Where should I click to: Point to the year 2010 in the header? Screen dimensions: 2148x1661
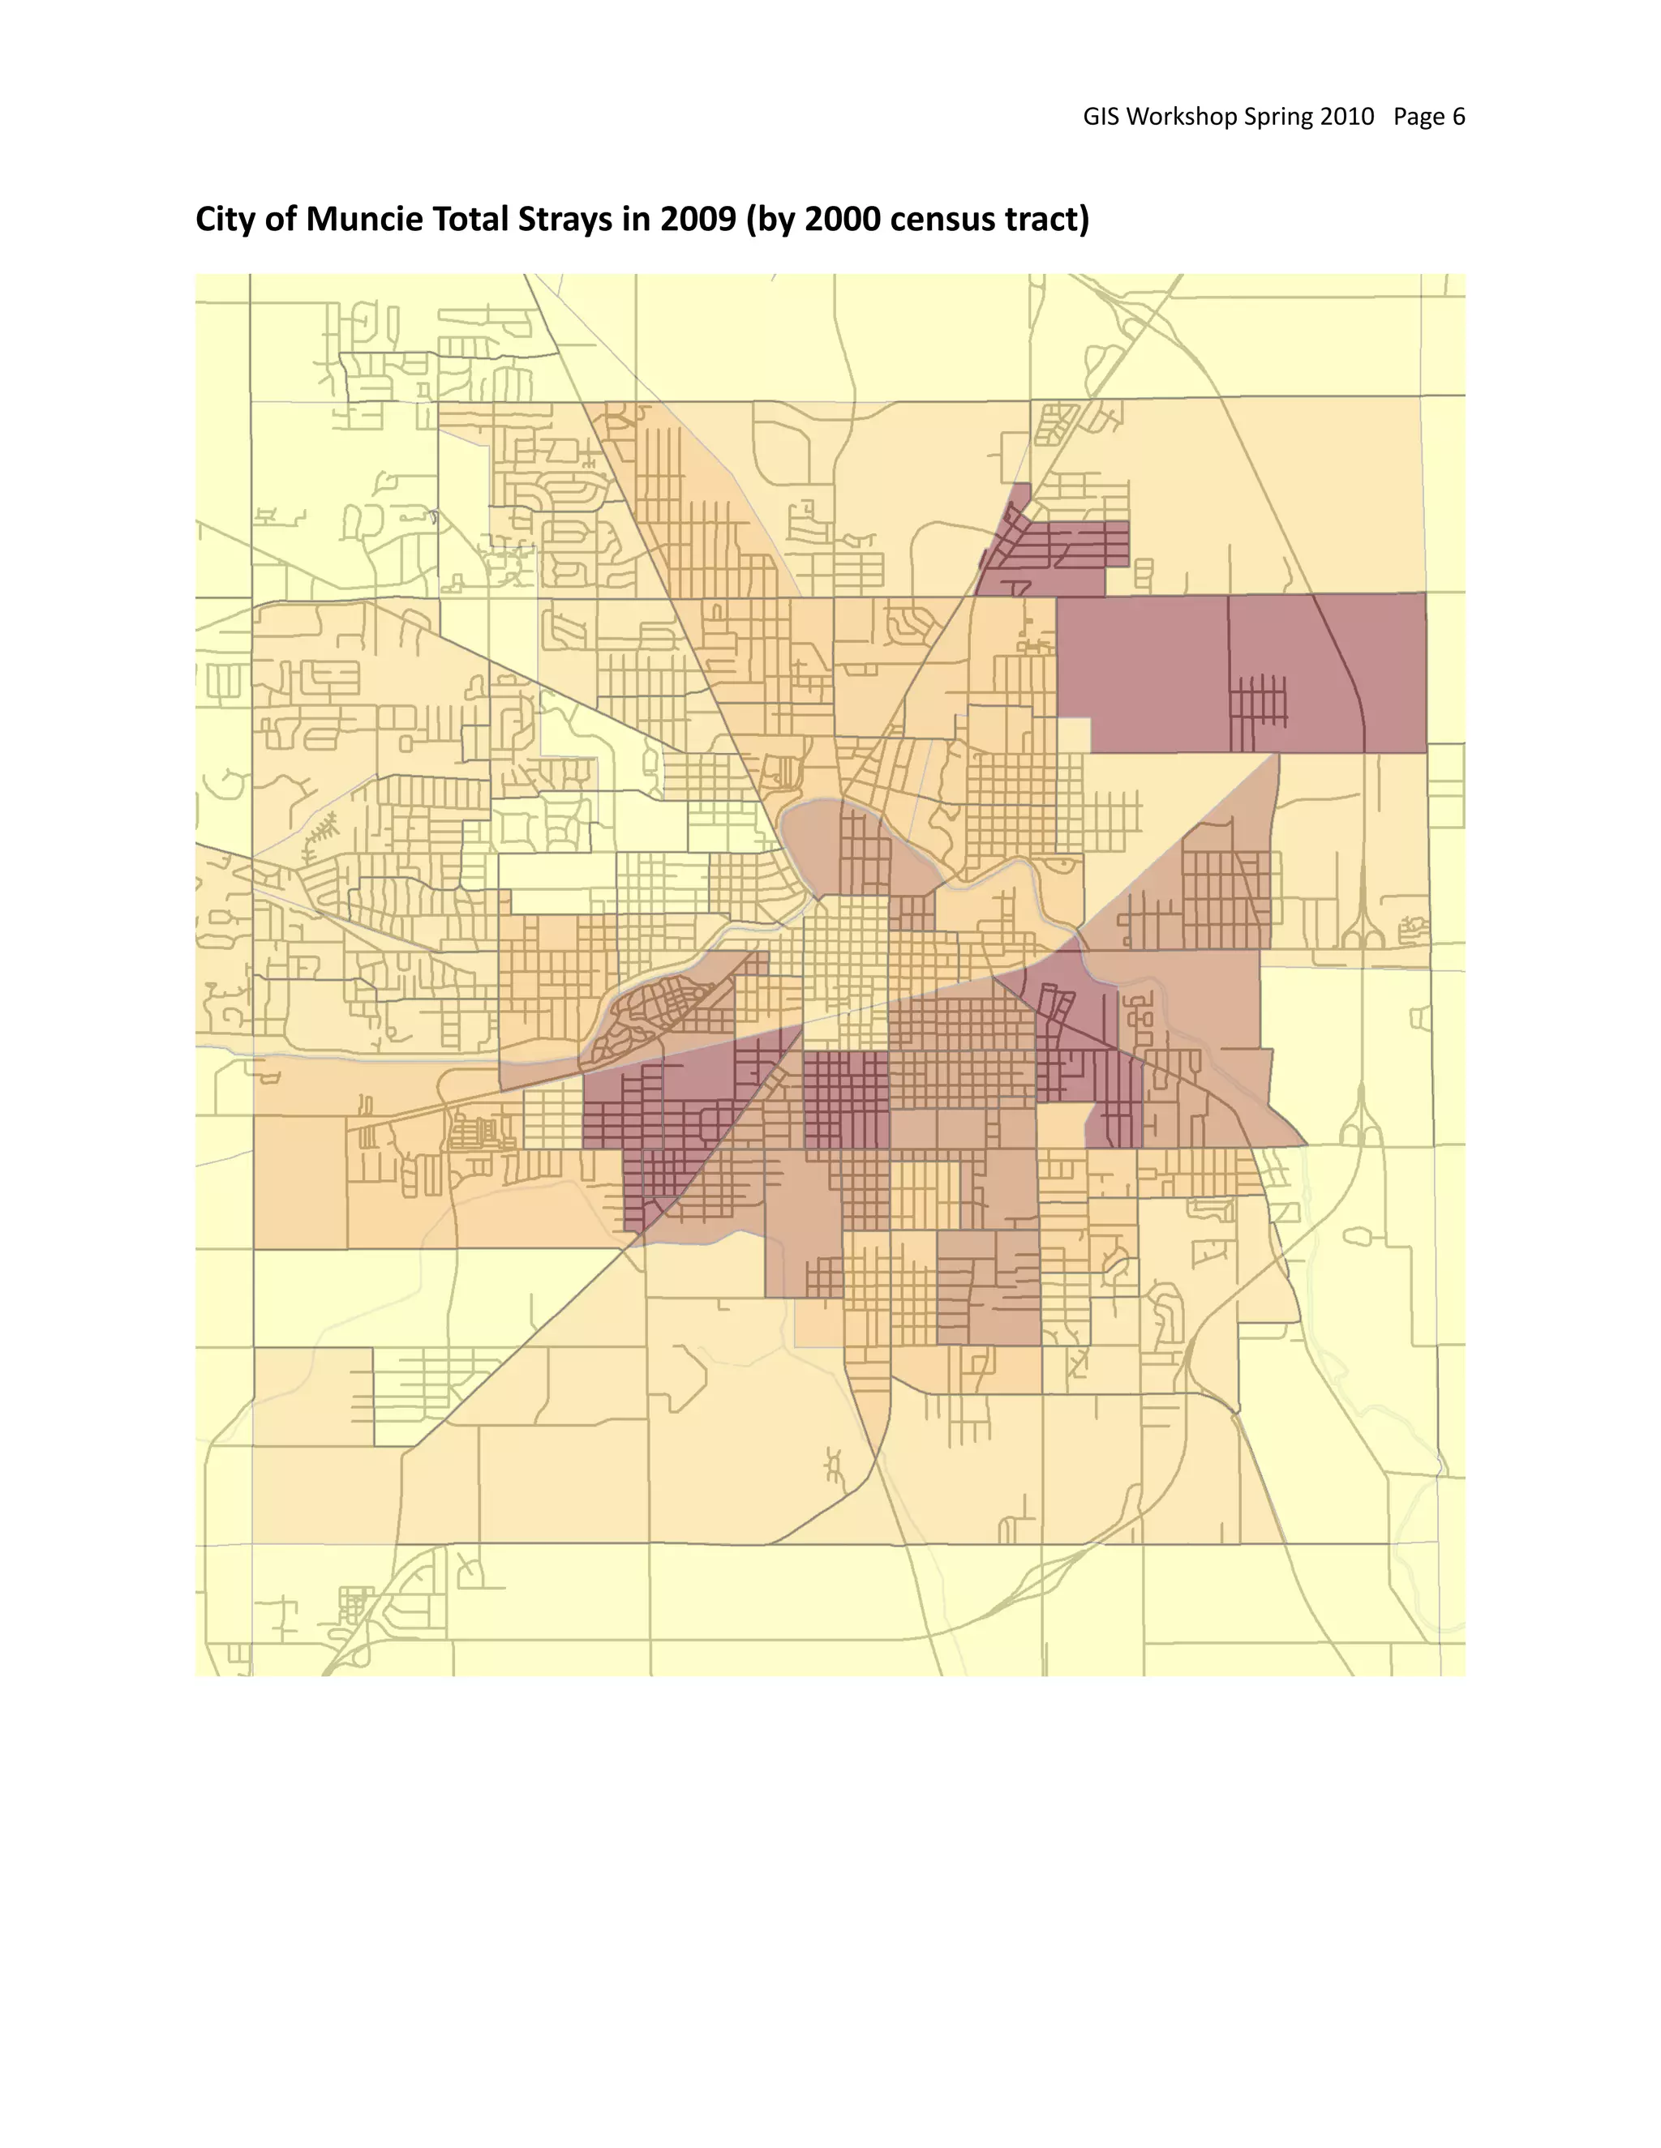pos(1347,117)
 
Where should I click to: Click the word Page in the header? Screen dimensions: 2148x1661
pos(1418,117)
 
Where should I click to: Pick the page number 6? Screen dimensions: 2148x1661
pos(1458,117)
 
